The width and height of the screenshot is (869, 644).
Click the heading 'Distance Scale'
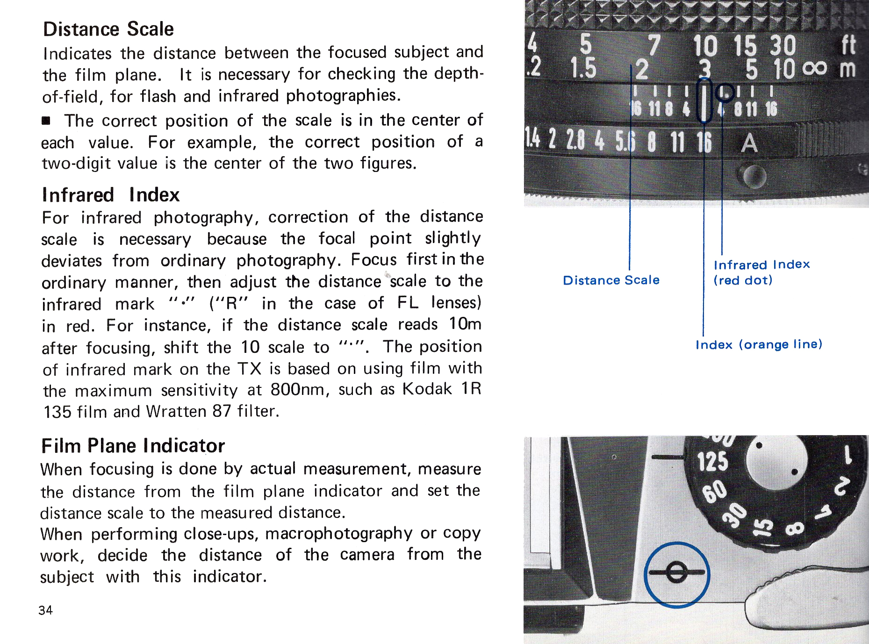pyautogui.click(x=108, y=29)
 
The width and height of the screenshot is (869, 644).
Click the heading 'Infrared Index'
pyautogui.click(x=111, y=195)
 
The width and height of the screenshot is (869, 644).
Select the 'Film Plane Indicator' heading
pyautogui.click(x=133, y=445)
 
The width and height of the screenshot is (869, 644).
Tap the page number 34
pyautogui.click(x=46, y=610)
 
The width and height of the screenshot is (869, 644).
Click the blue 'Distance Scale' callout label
pyautogui.click(x=611, y=280)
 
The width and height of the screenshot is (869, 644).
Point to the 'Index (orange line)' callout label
pyautogui.click(x=759, y=345)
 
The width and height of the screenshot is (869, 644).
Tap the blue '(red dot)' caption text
pyautogui.click(x=743, y=280)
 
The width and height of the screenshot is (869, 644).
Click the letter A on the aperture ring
pyautogui.click(x=750, y=143)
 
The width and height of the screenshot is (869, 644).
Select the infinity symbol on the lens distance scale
pyautogui.click(x=815, y=69)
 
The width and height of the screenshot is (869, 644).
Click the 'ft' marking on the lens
pyautogui.click(x=848, y=45)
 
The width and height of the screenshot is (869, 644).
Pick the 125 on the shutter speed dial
pyautogui.click(x=713, y=461)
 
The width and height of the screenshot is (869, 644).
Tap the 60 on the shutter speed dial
pyautogui.click(x=715, y=492)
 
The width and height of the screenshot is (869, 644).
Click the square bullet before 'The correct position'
pyautogui.click(x=46, y=122)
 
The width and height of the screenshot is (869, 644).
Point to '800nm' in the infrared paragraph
pyautogui.click(x=300, y=389)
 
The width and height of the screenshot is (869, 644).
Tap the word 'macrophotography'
pyautogui.click(x=339, y=534)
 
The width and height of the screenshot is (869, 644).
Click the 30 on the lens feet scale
pyautogui.click(x=783, y=46)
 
